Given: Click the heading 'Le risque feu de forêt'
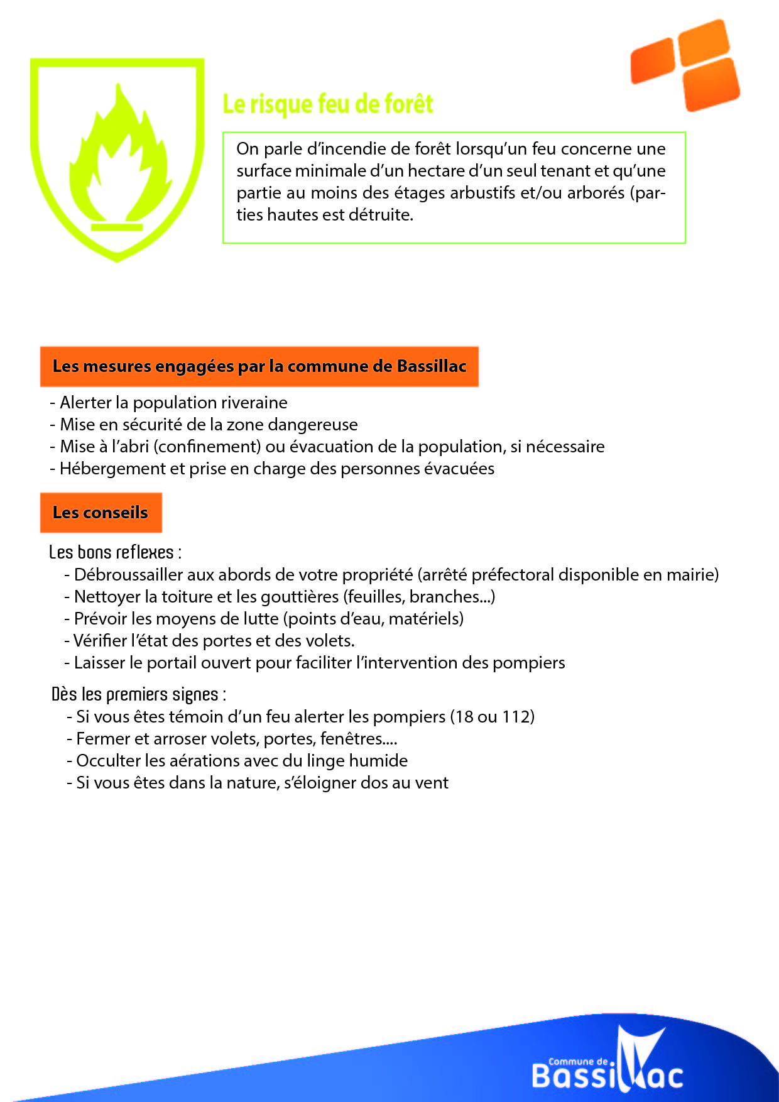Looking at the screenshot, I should pos(328,104).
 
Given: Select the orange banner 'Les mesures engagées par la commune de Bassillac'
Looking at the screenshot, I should pos(259,366).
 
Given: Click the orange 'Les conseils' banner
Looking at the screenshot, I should pos(101,513).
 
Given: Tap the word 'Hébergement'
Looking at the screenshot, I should pos(104,469).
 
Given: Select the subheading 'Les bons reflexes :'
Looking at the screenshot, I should pos(115,552).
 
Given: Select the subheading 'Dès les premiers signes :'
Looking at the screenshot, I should pos(138,694).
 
